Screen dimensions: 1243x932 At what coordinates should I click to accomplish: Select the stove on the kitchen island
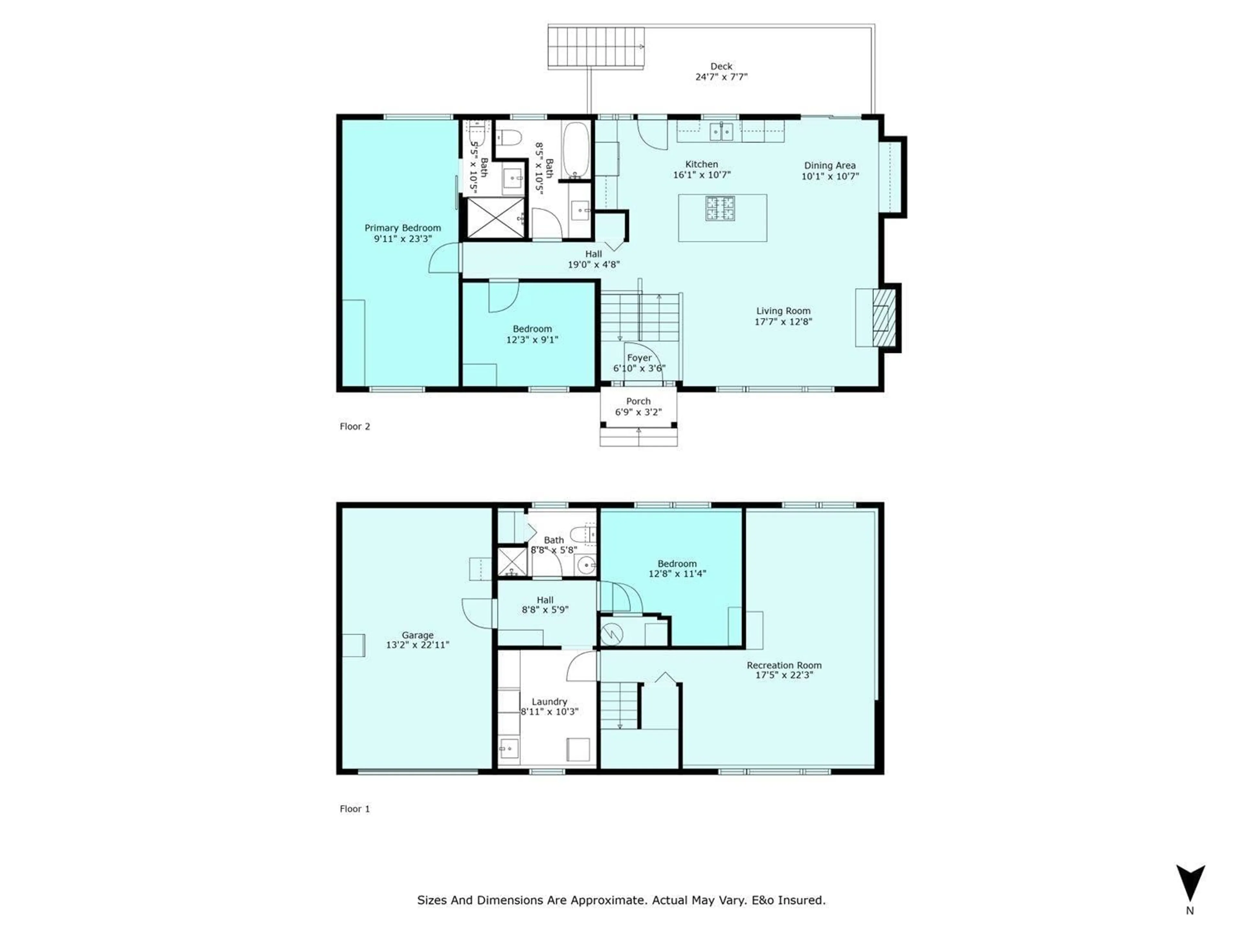(721, 208)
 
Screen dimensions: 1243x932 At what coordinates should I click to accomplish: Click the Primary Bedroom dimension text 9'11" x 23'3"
(403, 239)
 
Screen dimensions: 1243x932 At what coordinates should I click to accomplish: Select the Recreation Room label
(784, 665)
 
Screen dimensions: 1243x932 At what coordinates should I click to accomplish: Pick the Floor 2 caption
(354, 427)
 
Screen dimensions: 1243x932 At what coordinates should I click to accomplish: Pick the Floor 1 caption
(354, 809)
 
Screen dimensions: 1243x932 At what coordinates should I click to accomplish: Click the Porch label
(638, 401)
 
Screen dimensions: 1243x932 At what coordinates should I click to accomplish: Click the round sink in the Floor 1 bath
(587, 564)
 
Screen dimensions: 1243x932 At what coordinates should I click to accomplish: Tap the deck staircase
(596, 48)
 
